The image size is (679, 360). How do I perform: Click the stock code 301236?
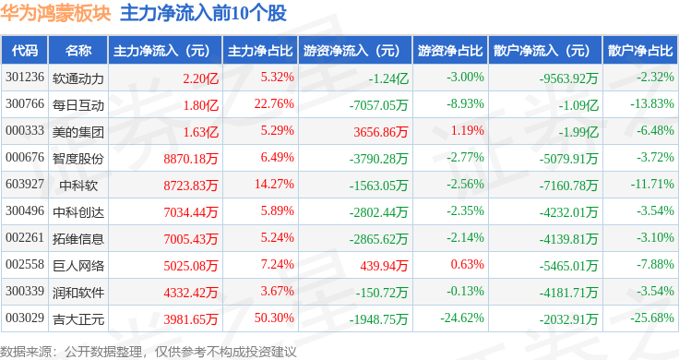point(25,77)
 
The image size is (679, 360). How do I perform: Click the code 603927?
point(25,185)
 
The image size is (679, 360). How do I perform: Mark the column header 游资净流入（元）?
point(352,50)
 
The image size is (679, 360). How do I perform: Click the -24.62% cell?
point(460,319)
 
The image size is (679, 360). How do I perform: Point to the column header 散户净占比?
point(640,50)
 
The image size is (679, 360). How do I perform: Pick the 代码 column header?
point(26,50)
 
